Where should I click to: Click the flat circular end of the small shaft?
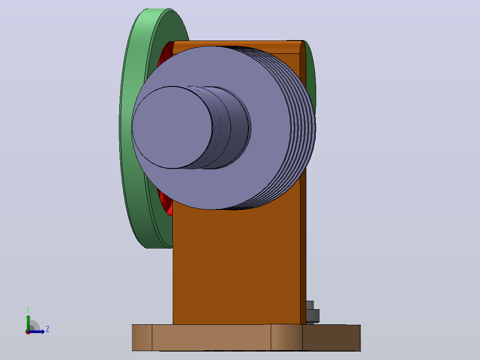172,127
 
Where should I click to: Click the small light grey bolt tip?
310,305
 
